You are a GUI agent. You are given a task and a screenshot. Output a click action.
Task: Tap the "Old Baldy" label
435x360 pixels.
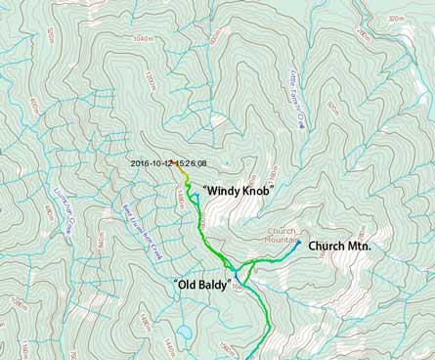pyautogui.click(x=201, y=285)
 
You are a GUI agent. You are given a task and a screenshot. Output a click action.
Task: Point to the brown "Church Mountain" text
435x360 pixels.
pyautogui.click(x=281, y=235)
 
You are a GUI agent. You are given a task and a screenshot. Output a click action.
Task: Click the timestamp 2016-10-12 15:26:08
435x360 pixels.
pyautogui.click(x=169, y=163)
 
